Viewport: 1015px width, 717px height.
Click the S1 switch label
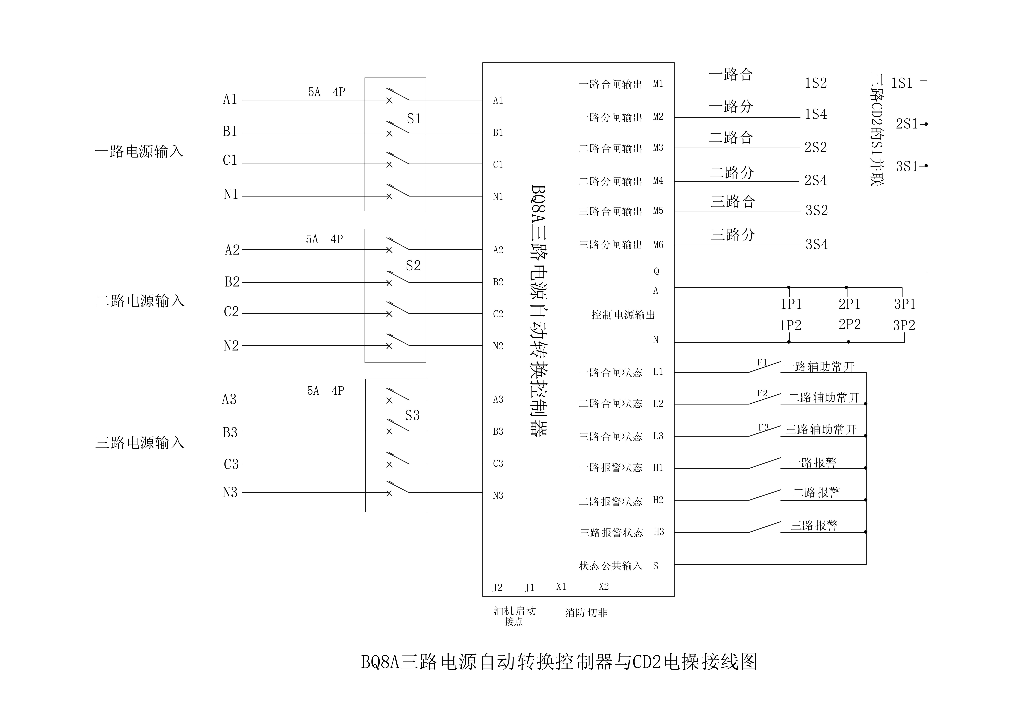414,118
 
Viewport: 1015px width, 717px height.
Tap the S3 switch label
412,415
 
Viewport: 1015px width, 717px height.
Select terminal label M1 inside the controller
658,83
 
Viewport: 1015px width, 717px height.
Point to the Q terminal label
656,271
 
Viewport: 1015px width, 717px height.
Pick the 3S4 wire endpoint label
816,244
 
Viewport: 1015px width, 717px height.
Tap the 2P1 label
849,304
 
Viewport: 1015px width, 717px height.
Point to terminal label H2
658,500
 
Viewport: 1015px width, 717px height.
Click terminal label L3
658,436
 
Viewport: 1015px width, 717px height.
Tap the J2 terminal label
497,588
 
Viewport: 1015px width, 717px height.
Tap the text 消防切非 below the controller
586,613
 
